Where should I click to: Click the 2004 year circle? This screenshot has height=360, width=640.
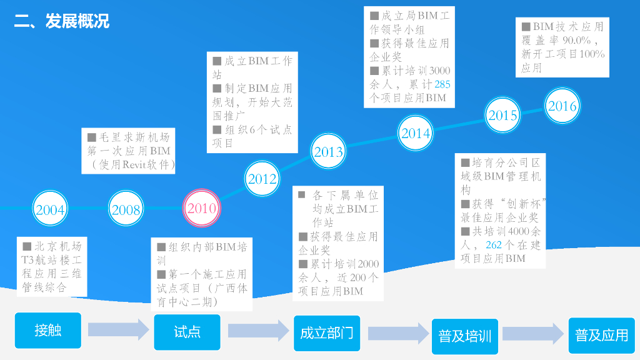(51, 209)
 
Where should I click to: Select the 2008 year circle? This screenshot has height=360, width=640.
(126, 209)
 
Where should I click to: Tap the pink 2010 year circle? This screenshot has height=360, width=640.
(201, 209)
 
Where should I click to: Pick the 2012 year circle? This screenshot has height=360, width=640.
(262, 179)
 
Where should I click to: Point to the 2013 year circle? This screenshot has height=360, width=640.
(328, 151)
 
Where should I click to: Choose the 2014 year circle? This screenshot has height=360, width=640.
(416, 132)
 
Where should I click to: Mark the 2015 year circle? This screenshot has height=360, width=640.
(502, 115)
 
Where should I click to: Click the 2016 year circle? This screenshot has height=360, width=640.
(562, 106)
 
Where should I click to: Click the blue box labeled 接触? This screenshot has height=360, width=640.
(48, 331)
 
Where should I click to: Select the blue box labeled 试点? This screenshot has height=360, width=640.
(187, 332)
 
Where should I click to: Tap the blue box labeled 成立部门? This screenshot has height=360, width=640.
(326, 333)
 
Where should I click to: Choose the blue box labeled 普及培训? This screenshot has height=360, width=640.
(464, 336)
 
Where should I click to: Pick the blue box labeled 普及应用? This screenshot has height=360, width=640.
(601, 335)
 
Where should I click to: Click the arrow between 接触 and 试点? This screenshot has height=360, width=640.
(118, 331)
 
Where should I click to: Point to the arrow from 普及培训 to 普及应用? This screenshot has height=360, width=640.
(533, 334)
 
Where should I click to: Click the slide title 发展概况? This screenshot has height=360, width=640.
(61, 21)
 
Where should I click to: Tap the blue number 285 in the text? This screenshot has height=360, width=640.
(442, 84)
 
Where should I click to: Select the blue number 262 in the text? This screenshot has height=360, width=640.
(494, 245)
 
